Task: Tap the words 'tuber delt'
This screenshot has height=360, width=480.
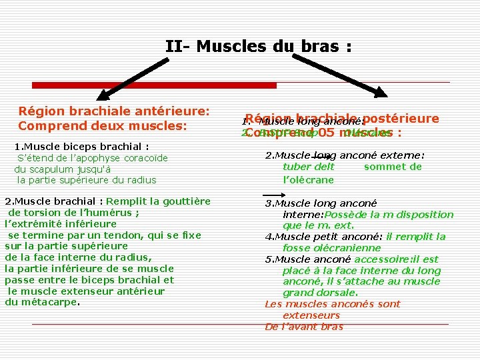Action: point(309,167)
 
